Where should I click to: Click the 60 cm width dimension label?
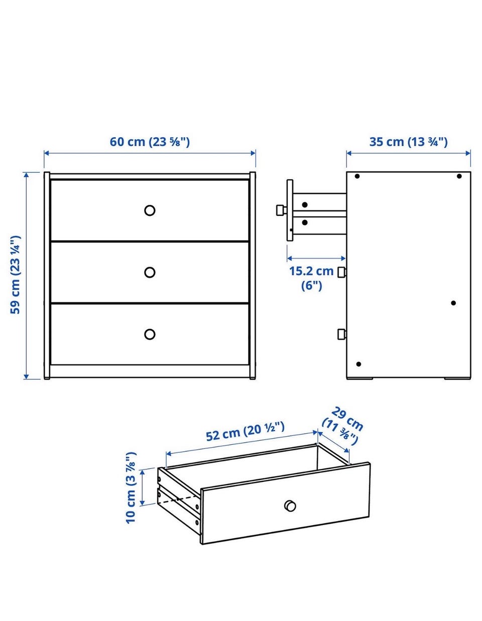pyautogui.click(x=150, y=142)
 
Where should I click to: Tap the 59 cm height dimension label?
pyautogui.click(x=16, y=275)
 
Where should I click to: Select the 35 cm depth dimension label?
pyautogui.click(x=408, y=142)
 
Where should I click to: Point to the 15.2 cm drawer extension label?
pyautogui.click(x=311, y=278)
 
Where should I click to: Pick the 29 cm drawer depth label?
pyautogui.click(x=343, y=427)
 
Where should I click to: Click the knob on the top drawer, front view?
pyautogui.click(x=150, y=210)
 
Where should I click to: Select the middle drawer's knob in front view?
pyautogui.click(x=150, y=273)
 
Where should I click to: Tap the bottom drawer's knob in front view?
pyautogui.click(x=150, y=334)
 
